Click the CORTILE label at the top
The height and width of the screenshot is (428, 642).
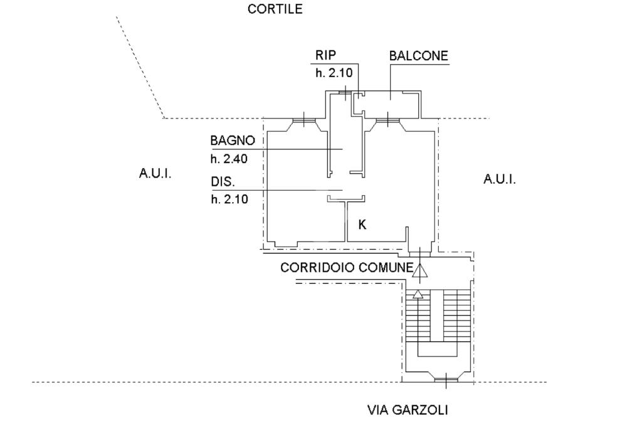275,9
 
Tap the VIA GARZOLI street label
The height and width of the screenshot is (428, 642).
408,410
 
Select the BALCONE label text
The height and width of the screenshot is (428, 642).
419,55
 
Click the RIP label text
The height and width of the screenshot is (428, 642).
325,55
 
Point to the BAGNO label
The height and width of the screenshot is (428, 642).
233,141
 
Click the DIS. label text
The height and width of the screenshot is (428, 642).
223,182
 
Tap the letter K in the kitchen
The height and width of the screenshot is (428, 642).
362,224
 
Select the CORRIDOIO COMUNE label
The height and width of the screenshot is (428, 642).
347,267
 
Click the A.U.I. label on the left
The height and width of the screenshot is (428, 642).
155,173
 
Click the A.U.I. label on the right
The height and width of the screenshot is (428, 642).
500,179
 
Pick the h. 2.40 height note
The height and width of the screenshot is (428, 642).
229,159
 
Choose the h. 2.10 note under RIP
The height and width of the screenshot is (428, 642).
334,73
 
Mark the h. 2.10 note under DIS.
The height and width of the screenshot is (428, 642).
229,200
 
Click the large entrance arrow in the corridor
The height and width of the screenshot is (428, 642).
419,270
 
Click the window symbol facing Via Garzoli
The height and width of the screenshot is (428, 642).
445,379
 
